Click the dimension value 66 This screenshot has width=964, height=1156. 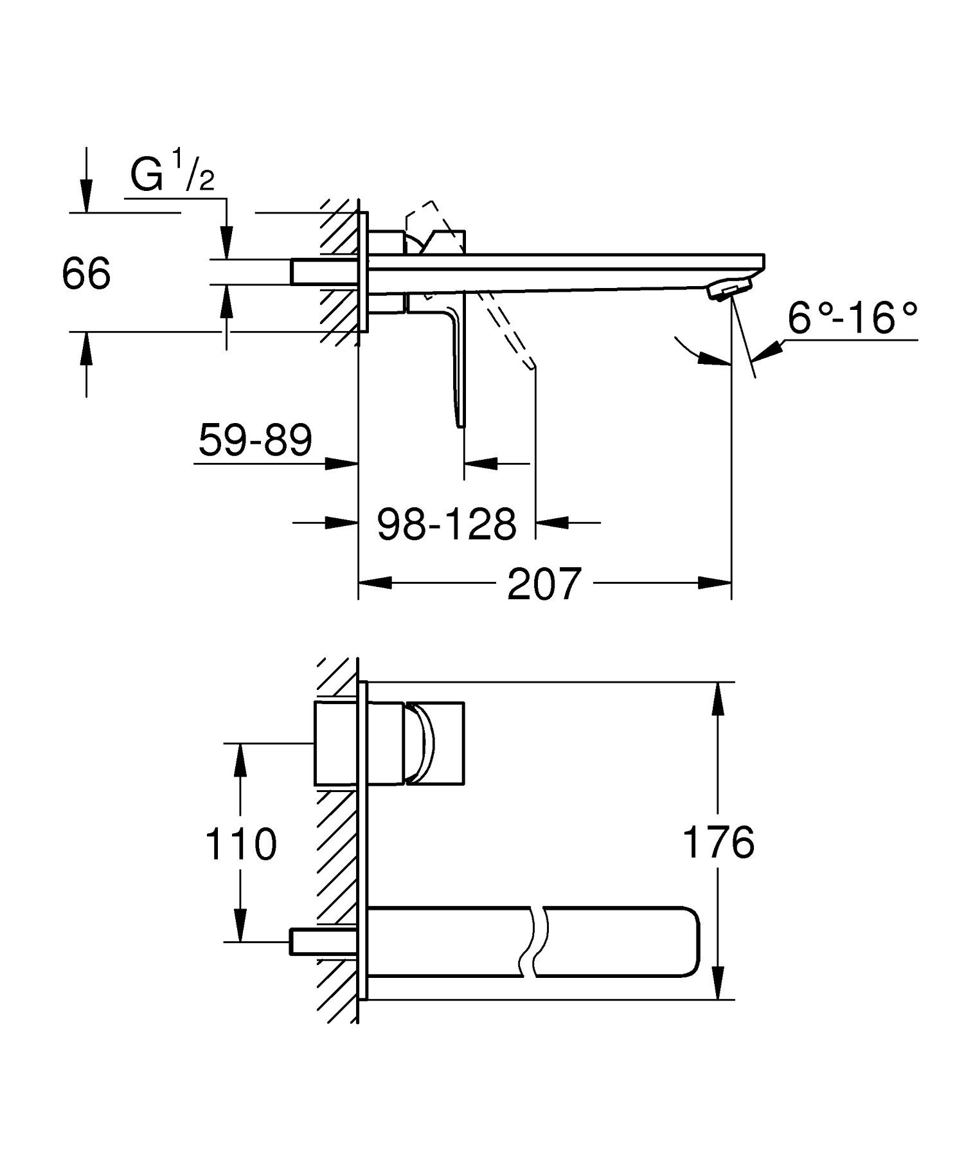pos(86,273)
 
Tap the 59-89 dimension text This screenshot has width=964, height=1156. pos(255,440)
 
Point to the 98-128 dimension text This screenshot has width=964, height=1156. pos(446,523)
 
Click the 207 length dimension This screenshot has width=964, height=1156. pos(544,584)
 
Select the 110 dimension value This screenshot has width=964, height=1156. pos(240,844)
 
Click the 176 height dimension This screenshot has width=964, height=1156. pos(718,842)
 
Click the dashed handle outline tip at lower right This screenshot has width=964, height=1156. pos(533,366)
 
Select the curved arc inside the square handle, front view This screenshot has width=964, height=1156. pos(425,743)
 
